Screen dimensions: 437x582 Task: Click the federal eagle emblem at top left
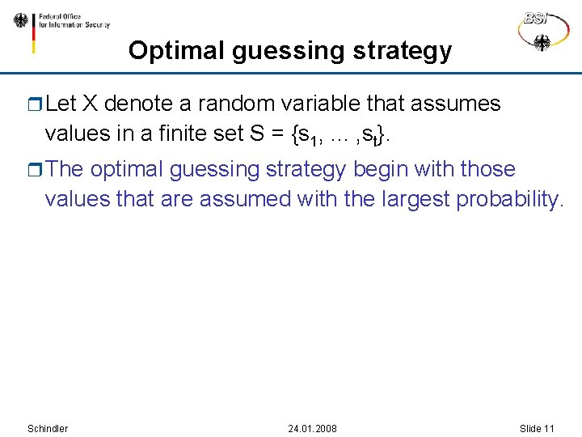click(20, 20)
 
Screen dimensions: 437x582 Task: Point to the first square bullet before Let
click(34, 104)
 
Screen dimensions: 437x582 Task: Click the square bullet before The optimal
click(34, 170)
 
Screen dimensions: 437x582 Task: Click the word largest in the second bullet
click(413, 198)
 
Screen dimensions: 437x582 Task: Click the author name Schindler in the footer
click(48, 428)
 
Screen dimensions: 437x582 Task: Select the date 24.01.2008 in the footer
click(313, 428)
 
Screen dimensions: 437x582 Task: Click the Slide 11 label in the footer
click(537, 428)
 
